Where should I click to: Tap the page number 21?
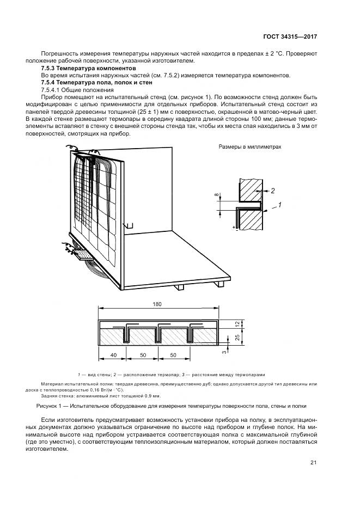coord(313,463)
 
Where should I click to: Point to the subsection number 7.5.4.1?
coord(51,89)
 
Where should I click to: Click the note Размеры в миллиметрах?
coord(250,147)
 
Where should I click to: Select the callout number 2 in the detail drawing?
coord(273,191)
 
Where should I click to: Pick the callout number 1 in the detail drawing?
coord(279,205)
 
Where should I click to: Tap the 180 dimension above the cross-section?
coord(158,304)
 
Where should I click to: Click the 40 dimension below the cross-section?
coord(113,354)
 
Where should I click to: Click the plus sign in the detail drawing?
coord(234,226)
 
